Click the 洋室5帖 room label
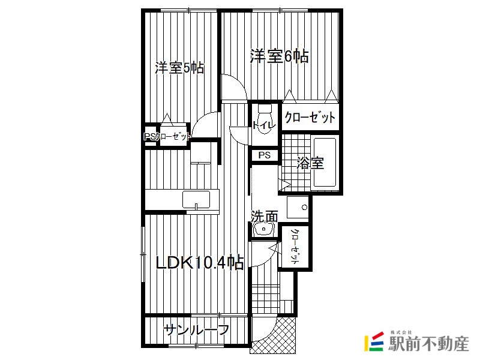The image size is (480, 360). coord(179,68)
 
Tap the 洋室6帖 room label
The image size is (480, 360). coord(279,56)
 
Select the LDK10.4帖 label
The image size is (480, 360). coord(200,263)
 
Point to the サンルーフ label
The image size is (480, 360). coord(196,329)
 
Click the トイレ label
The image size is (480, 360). coord(264,125)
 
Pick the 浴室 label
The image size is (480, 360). coord(310,163)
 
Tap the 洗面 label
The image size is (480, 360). coord(265,217)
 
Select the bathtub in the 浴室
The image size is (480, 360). coord(324,163)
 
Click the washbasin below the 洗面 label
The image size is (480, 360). coord(264,229)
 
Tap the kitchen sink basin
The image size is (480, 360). coord(196,200)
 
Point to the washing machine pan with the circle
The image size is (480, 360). coord(298,207)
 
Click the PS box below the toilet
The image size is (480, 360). coord(265,155)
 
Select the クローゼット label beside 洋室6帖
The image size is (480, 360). coord(310,117)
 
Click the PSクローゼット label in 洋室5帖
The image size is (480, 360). coord(167,136)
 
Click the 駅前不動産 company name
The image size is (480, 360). coord(428,343)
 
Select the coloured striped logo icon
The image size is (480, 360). coord(374,341)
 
